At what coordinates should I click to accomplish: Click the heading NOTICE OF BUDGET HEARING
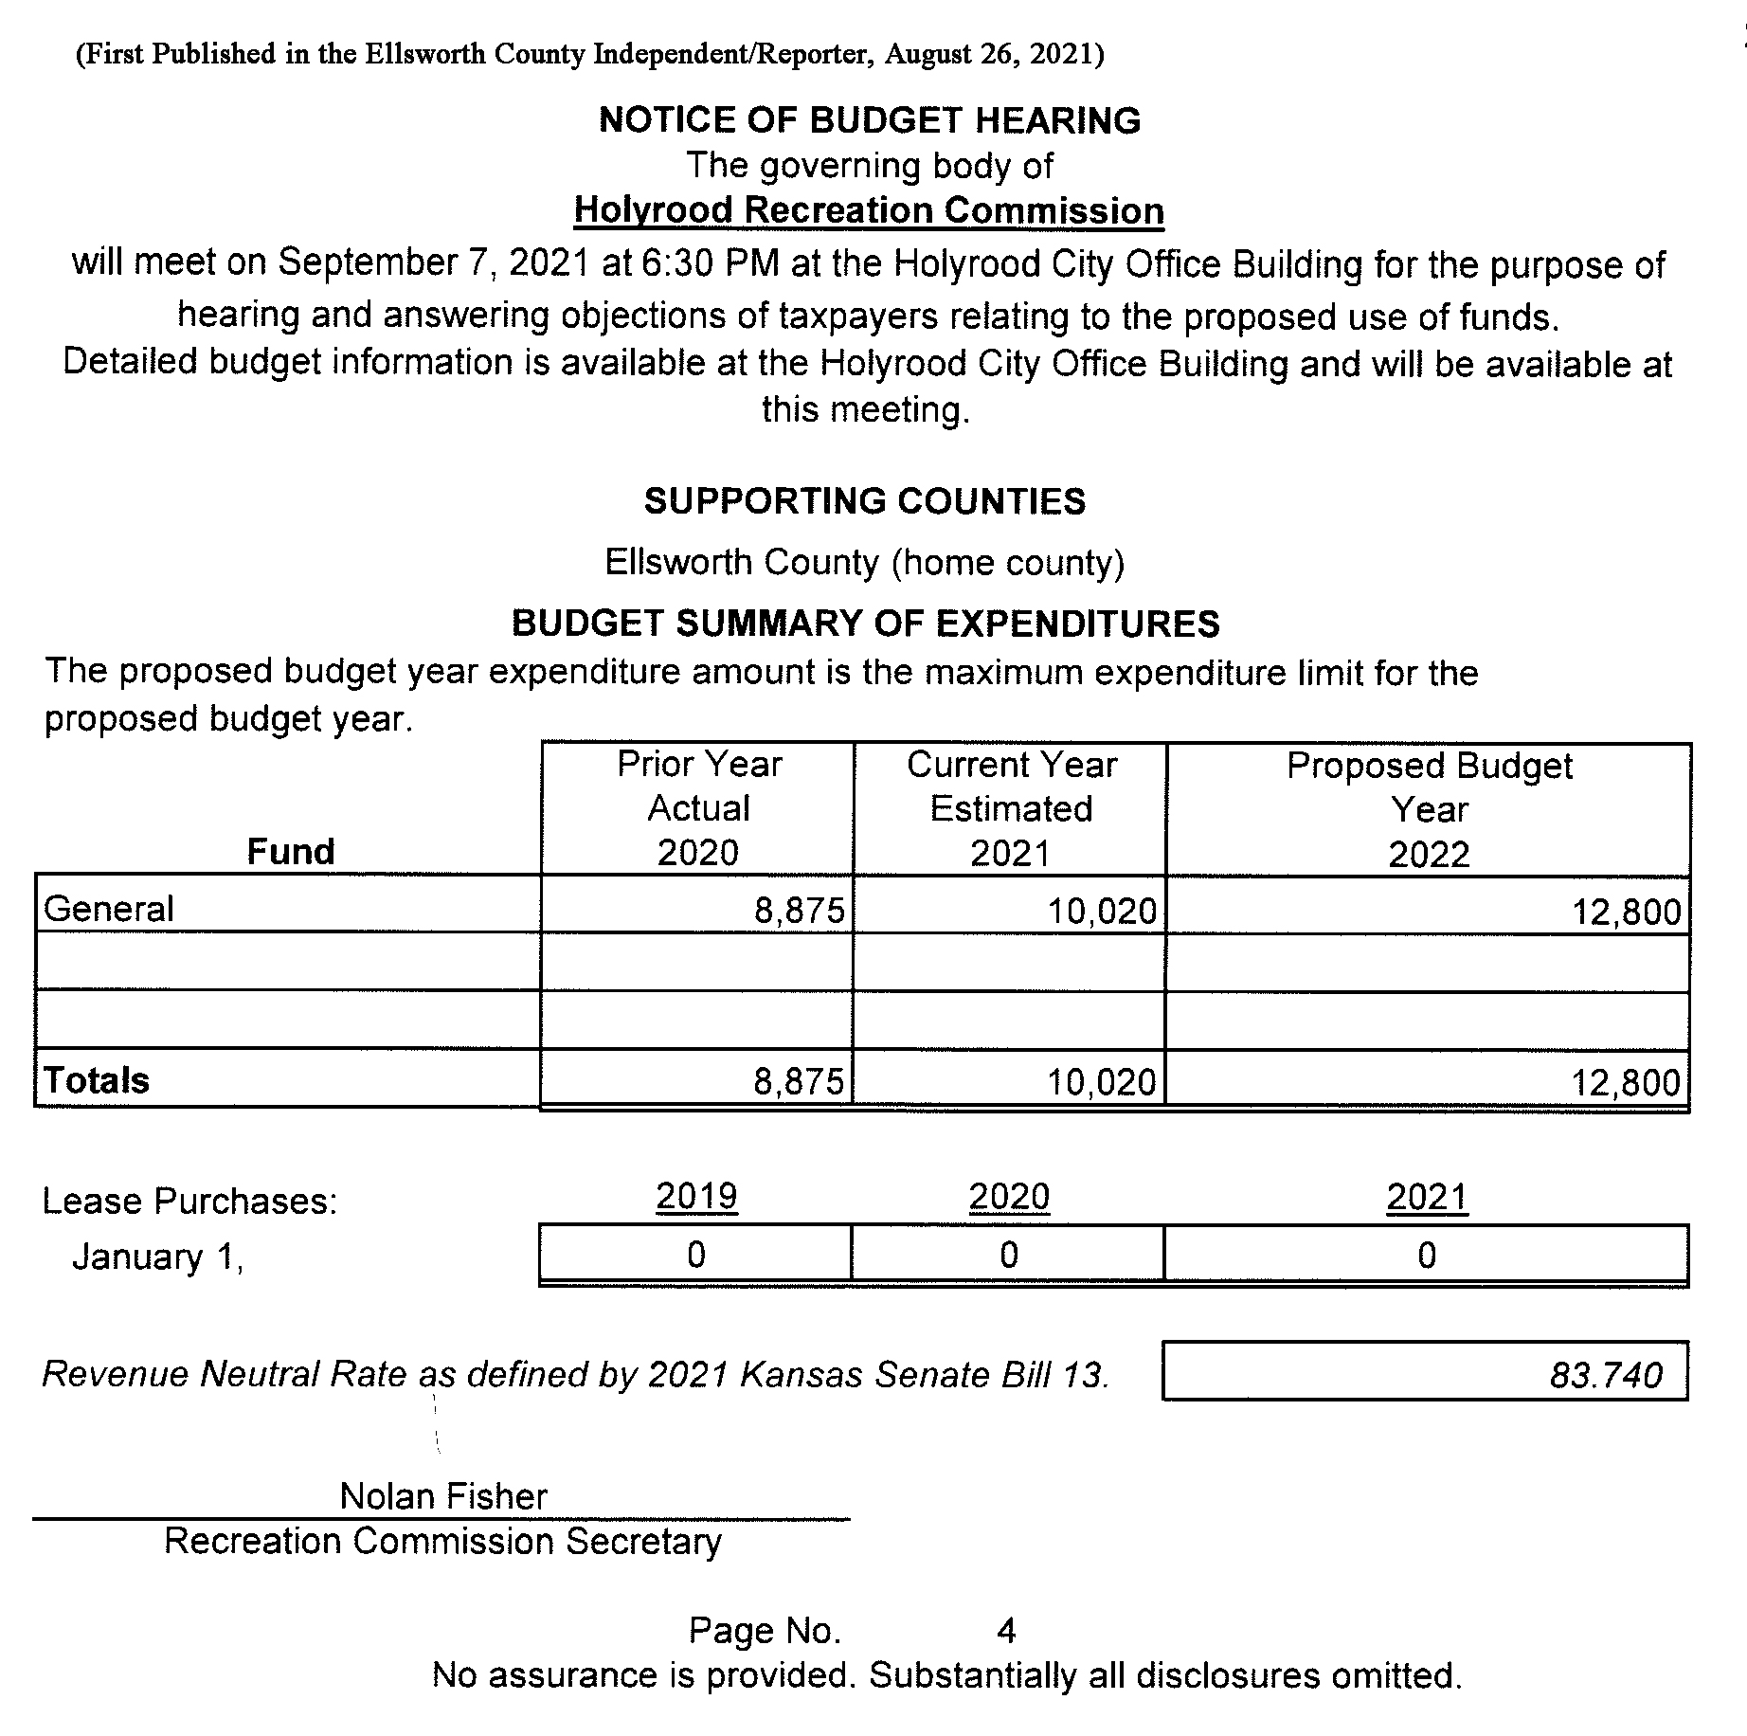tap(870, 120)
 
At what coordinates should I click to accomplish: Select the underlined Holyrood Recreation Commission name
tap(869, 210)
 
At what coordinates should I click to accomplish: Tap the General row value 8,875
tap(799, 911)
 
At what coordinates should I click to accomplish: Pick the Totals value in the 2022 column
tap(1626, 1082)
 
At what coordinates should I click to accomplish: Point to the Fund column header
tap(291, 852)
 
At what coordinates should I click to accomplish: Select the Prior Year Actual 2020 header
tap(699, 808)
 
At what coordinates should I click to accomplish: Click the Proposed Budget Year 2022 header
tap(1429, 809)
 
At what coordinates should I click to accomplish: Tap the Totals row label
tap(97, 1080)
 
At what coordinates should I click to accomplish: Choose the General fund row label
tap(109, 909)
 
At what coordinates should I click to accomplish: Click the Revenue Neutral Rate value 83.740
tap(1606, 1375)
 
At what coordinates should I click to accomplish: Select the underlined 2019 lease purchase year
tap(696, 1197)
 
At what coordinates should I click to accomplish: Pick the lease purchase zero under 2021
tap(1427, 1256)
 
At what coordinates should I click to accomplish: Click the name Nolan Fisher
tap(443, 1496)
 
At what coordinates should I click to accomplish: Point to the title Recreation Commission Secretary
tap(442, 1542)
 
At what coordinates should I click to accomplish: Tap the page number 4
tap(1006, 1631)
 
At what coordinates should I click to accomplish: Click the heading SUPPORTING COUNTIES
tap(865, 501)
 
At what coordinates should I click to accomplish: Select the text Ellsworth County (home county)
tap(865, 563)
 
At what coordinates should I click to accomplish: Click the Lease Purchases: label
tap(189, 1202)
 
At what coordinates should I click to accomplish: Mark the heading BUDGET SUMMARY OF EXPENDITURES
tap(866, 624)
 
